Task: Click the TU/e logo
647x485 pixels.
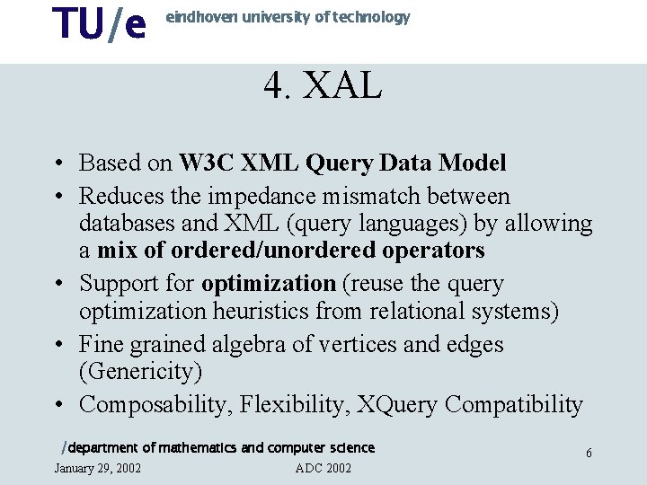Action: (x=99, y=24)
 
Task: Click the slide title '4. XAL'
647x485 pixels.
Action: (x=323, y=86)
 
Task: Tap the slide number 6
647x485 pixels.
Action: (x=589, y=454)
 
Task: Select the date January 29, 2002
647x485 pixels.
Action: (x=97, y=468)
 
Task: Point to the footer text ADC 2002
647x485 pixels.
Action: (x=323, y=468)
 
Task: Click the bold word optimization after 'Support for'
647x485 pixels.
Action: (x=269, y=284)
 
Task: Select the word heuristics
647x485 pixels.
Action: (x=263, y=312)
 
